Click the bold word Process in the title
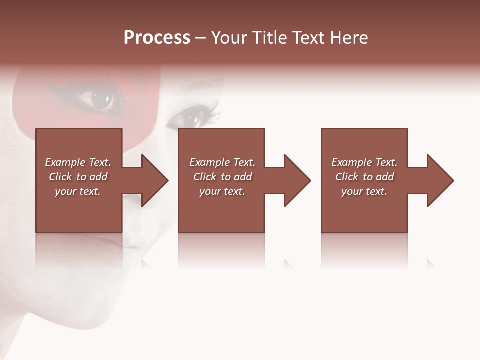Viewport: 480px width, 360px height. (x=157, y=38)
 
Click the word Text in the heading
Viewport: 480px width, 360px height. (x=308, y=38)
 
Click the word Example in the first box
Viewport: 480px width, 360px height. (x=65, y=162)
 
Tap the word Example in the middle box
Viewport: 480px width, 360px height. (x=209, y=162)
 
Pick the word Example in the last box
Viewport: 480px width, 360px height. (x=351, y=162)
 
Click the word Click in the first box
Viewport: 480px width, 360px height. (x=60, y=177)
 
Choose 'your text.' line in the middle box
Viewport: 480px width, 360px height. (x=222, y=191)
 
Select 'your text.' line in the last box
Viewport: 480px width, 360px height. (x=364, y=191)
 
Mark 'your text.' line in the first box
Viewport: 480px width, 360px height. (x=78, y=191)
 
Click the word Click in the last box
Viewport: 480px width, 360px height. (x=347, y=177)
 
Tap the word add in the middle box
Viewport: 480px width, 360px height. (x=243, y=177)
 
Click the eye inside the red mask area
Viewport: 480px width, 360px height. (x=101, y=99)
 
